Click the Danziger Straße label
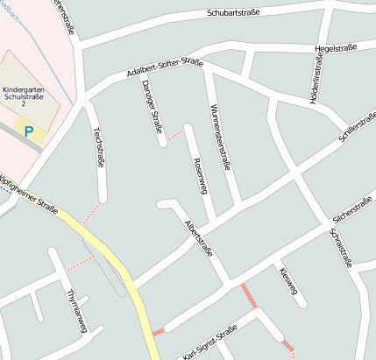coord(153,107)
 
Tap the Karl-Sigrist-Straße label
coord(210,345)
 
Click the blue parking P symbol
coord(29,131)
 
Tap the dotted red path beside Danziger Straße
coord(174,135)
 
